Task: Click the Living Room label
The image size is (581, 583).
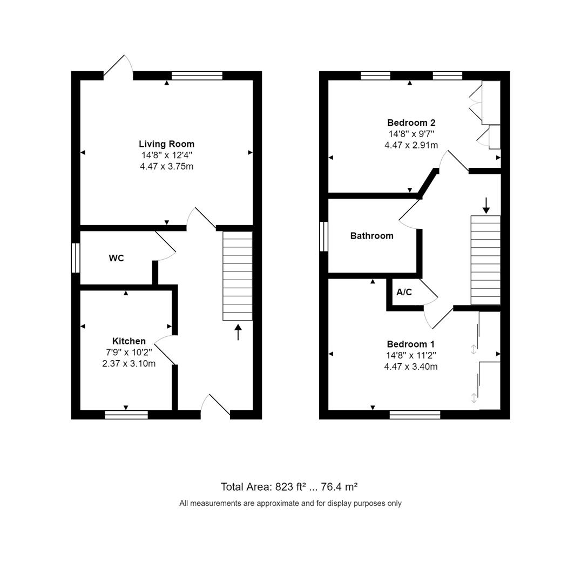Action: coord(167,144)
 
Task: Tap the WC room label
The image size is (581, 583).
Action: coord(117,258)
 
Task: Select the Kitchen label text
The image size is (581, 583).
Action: coord(129,341)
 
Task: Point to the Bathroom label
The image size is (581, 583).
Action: coord(372,236)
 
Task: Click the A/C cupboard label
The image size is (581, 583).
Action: coord(404,292)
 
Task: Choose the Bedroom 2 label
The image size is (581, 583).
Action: coord(411,123)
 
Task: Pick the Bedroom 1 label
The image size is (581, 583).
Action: coord(411,344)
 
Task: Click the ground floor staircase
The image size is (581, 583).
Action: coord(238,276)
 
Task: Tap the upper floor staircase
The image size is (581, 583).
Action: coord(486,260)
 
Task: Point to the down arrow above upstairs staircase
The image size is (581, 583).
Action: coord(486,206)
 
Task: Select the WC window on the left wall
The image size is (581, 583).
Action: coord(76,258)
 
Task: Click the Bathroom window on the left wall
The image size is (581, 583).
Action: coord(323,236)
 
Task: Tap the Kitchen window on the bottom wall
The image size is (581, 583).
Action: coord(126,415)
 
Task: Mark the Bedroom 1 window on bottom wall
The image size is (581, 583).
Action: coord(415,415)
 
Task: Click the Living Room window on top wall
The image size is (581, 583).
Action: coord(197,76)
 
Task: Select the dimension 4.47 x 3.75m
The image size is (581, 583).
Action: coord(167,167)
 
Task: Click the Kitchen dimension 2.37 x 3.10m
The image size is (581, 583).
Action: coord(129,364)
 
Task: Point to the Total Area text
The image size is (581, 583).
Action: coord(289,487)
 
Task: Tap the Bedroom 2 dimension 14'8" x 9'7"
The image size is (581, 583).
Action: coord(411,134)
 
